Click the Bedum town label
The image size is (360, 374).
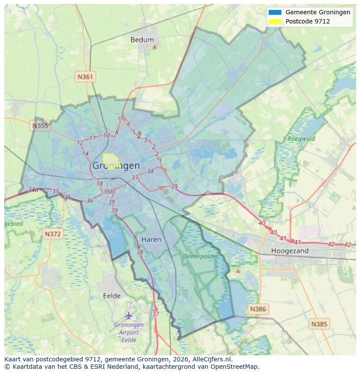coord(142,40)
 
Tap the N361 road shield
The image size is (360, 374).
coord(85,77)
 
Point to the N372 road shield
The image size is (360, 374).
coord(53,234)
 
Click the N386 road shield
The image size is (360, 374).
coord(258,309)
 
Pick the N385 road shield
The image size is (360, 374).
coord(320,324)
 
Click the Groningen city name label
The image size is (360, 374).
coord(116,165)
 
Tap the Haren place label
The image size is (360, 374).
coord(151,239)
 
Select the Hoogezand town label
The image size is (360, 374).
coord(290,251)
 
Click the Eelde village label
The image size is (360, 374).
coord(112,296)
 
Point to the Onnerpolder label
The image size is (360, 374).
coord(200,256)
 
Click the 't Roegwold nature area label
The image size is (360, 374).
coord(299,139)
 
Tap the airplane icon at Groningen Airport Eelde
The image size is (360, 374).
coord(128,315)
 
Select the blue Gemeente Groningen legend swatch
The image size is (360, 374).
coord(275,12)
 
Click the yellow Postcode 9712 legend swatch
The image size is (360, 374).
coord(275,21)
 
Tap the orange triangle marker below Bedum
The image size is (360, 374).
coord(154,46)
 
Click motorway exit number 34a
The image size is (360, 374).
coord(33,190)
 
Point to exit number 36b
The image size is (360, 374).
coord(108,192)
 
